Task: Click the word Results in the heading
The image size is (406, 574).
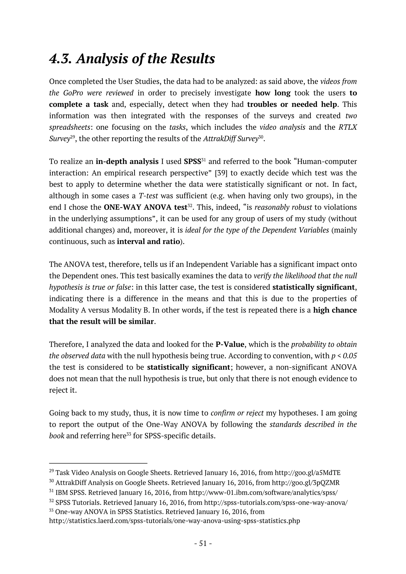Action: coord(192,59)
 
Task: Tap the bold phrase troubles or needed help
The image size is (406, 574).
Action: coord(292,104)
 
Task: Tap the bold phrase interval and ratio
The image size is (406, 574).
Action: coord(148,241)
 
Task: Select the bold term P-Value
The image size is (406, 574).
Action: coord(230,344)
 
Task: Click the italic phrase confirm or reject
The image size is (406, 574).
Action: coord(237,413)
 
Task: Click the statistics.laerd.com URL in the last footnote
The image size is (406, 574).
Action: coord(174,521)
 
